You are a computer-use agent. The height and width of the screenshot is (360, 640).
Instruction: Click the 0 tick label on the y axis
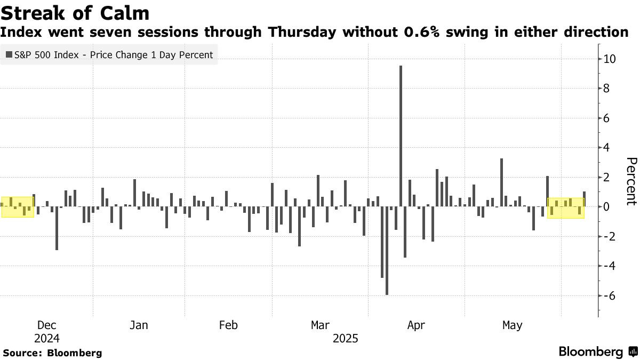[606, 206]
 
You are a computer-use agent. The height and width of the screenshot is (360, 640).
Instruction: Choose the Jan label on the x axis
[139, 325]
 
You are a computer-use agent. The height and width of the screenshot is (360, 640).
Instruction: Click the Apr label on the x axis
[415, 325]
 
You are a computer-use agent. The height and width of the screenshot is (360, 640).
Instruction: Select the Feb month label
[228, 325]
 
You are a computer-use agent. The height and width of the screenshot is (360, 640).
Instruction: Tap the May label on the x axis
[513, 325]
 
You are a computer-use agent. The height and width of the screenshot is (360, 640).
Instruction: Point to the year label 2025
[346, 339]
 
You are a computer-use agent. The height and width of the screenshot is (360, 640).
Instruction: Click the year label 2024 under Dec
[47, 339]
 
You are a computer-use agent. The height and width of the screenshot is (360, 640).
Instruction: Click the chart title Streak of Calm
[75, 12]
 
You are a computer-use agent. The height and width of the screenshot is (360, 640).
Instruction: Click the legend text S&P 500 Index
[49, 54]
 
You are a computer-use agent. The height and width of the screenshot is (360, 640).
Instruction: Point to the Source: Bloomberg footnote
[52, 353]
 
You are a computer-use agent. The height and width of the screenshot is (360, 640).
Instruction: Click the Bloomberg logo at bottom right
[597, 352]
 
